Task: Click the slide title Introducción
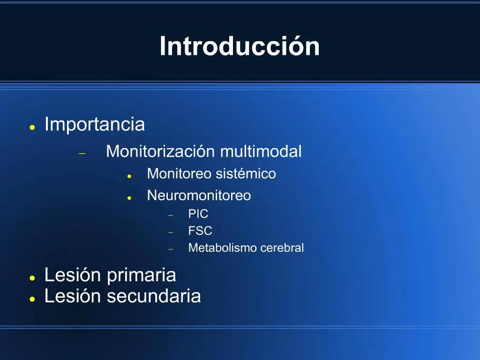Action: (240, 46)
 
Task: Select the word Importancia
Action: (95, 125)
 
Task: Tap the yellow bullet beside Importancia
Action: (32, 127)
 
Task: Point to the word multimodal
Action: (261, 151)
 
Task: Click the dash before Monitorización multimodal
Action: (82, 153)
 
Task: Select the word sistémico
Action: (246, 173)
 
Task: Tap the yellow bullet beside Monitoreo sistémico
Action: (129, 176)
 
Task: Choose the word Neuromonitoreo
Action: (199, 195)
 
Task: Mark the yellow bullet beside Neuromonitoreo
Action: (129, 198)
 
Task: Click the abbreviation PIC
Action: (198, 214)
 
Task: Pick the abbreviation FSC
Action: (200, 231)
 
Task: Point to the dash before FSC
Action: (171, 232)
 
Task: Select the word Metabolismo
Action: (223, 247)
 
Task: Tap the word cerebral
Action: (282, 247)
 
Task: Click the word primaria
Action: (142, 275)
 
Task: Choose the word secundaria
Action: (154, 296)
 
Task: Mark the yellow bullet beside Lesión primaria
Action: (32, 278)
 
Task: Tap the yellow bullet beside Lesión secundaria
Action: (32, 299)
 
